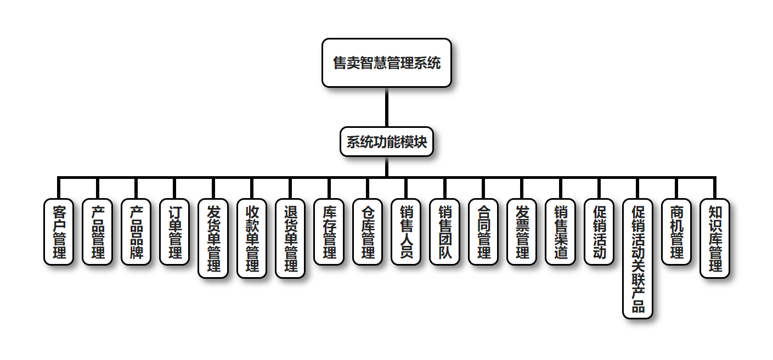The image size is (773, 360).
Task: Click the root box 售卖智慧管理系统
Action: tap(386, 63)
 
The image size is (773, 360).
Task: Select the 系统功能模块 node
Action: tap(386, 142)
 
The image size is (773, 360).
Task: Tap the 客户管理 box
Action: tap(59, 232)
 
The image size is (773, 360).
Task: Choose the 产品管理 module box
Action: tap(97, 232)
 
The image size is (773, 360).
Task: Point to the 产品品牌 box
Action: tap(136, 232)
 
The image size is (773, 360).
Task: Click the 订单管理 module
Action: tap(174, 232)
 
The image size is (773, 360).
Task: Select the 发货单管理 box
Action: tap(213, 238)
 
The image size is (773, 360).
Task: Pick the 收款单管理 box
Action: tap(252, 238)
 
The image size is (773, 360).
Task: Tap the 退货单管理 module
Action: tap(290, 238)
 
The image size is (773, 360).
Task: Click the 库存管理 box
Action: tap(329, 232)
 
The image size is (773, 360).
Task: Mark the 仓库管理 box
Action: tap(368, 232)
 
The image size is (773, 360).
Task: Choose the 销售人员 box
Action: tap(406, 232)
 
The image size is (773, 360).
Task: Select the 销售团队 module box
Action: tap(444, 232)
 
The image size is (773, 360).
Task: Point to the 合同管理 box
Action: tap(483, 232)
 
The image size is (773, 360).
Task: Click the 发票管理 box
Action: tap(522, 232)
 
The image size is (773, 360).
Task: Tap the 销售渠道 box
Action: tap(561, 232)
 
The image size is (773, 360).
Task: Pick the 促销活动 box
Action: tap(599, 232)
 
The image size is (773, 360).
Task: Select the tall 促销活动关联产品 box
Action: tap(637, 258)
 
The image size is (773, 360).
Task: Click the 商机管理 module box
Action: tap(676, 232)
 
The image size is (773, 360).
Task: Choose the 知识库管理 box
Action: tap(715, 238)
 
